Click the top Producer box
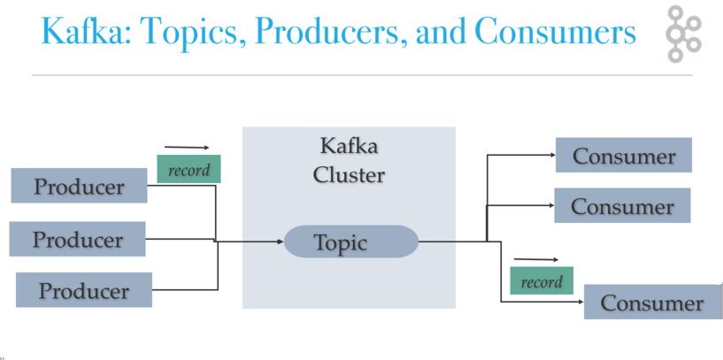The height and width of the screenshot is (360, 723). [79, 187]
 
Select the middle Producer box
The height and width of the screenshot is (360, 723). [78, 240]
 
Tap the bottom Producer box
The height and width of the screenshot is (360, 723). [84, 290]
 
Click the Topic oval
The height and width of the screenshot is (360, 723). [350, 241]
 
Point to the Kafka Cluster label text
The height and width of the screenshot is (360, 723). [349, 160]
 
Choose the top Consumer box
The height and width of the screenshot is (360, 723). [623, 156]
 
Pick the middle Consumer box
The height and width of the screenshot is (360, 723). [622, 206]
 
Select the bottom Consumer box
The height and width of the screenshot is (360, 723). [652, 303]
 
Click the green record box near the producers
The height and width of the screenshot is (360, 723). [188, 169]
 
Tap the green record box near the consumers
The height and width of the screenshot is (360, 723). [542, 281]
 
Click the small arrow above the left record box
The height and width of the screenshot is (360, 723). [187, 148]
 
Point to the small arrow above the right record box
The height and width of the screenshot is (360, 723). [536, 260]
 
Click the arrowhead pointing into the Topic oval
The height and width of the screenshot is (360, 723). [279, 241]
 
